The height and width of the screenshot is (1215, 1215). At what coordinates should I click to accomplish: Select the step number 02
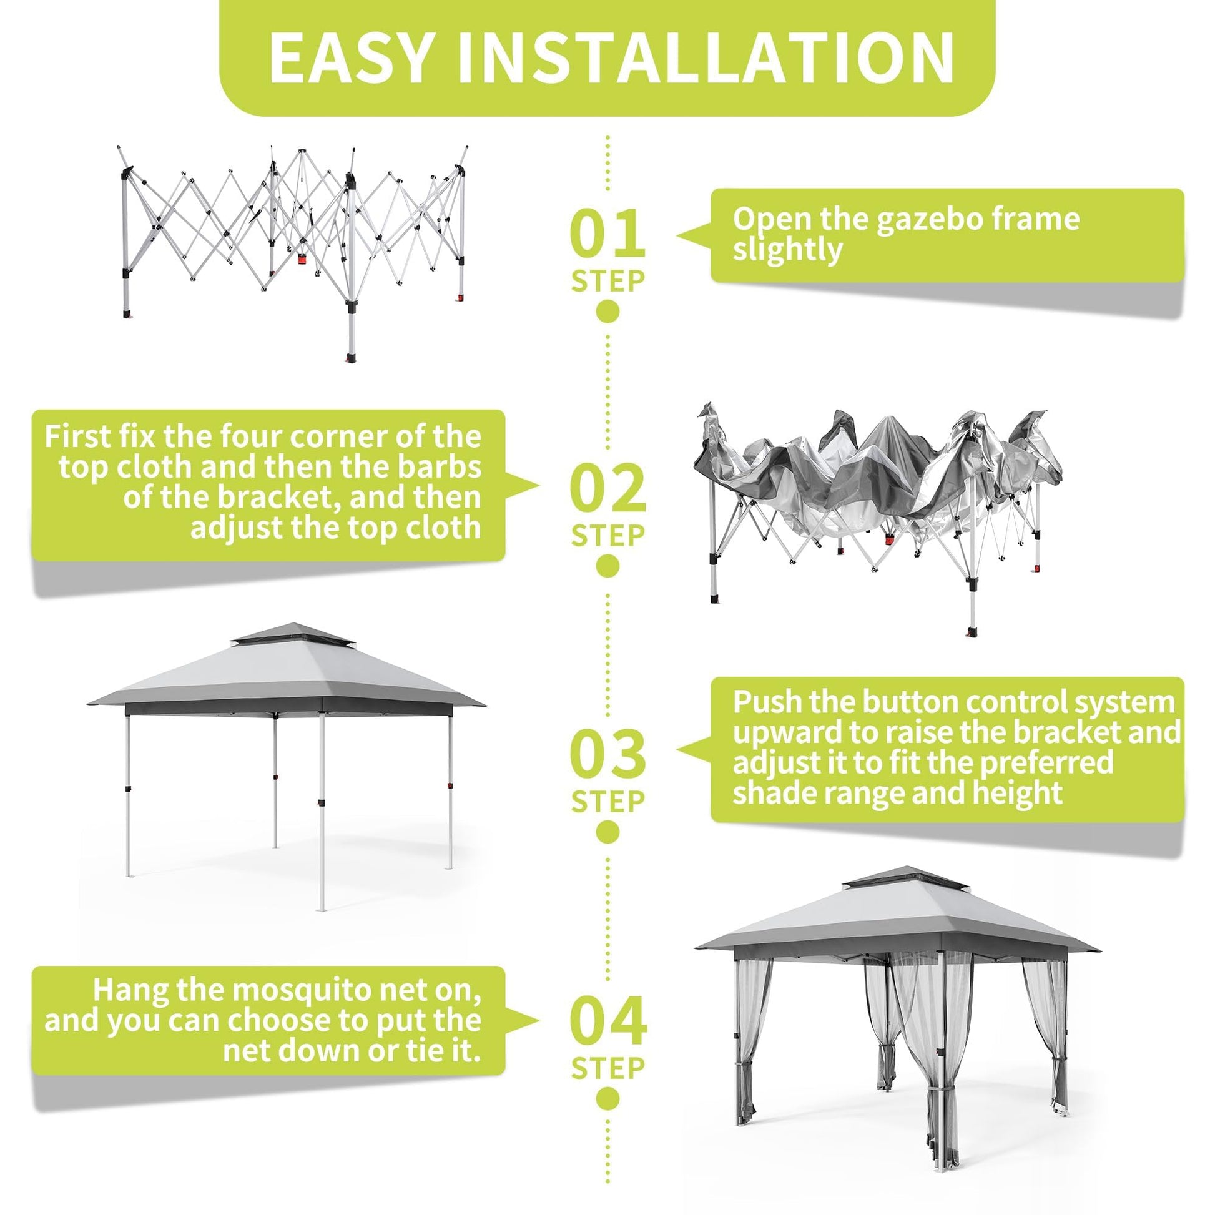click(607, 488)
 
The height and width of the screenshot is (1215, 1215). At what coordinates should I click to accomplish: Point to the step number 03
click(607, 754)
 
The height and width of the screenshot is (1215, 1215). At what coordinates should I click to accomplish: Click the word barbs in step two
click(440, 466)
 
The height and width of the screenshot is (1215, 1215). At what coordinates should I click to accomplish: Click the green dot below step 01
click(607, 311)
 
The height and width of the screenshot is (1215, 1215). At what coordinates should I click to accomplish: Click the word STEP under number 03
click(607, 802)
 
